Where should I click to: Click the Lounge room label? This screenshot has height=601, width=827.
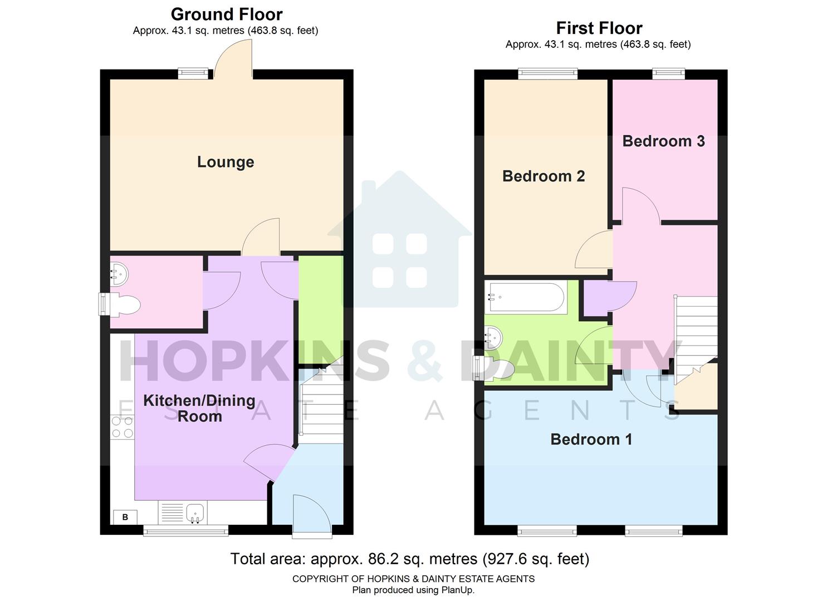pos(226,162)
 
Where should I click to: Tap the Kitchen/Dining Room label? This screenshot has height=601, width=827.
pos(199,408)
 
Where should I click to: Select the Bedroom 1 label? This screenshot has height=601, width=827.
pos(591,439)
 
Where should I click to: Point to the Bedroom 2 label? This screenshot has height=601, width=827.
pos(543,176)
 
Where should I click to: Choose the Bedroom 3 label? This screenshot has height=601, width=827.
pos(663,141)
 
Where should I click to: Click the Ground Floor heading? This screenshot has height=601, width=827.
pos(226,14)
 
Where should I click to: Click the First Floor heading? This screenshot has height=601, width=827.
pos(599,28)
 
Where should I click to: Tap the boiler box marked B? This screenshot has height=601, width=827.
pos(125,517)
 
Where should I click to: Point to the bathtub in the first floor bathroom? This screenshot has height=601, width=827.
pos(526,297)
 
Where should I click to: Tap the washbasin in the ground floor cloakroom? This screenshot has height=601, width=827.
pos(119,273)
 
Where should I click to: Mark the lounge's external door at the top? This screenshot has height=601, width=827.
pos(233,61)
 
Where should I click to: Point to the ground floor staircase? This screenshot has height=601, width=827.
pos(321,404)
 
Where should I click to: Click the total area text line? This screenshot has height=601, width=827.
pos(409,558)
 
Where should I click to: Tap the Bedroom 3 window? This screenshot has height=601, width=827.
pos(669,72)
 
